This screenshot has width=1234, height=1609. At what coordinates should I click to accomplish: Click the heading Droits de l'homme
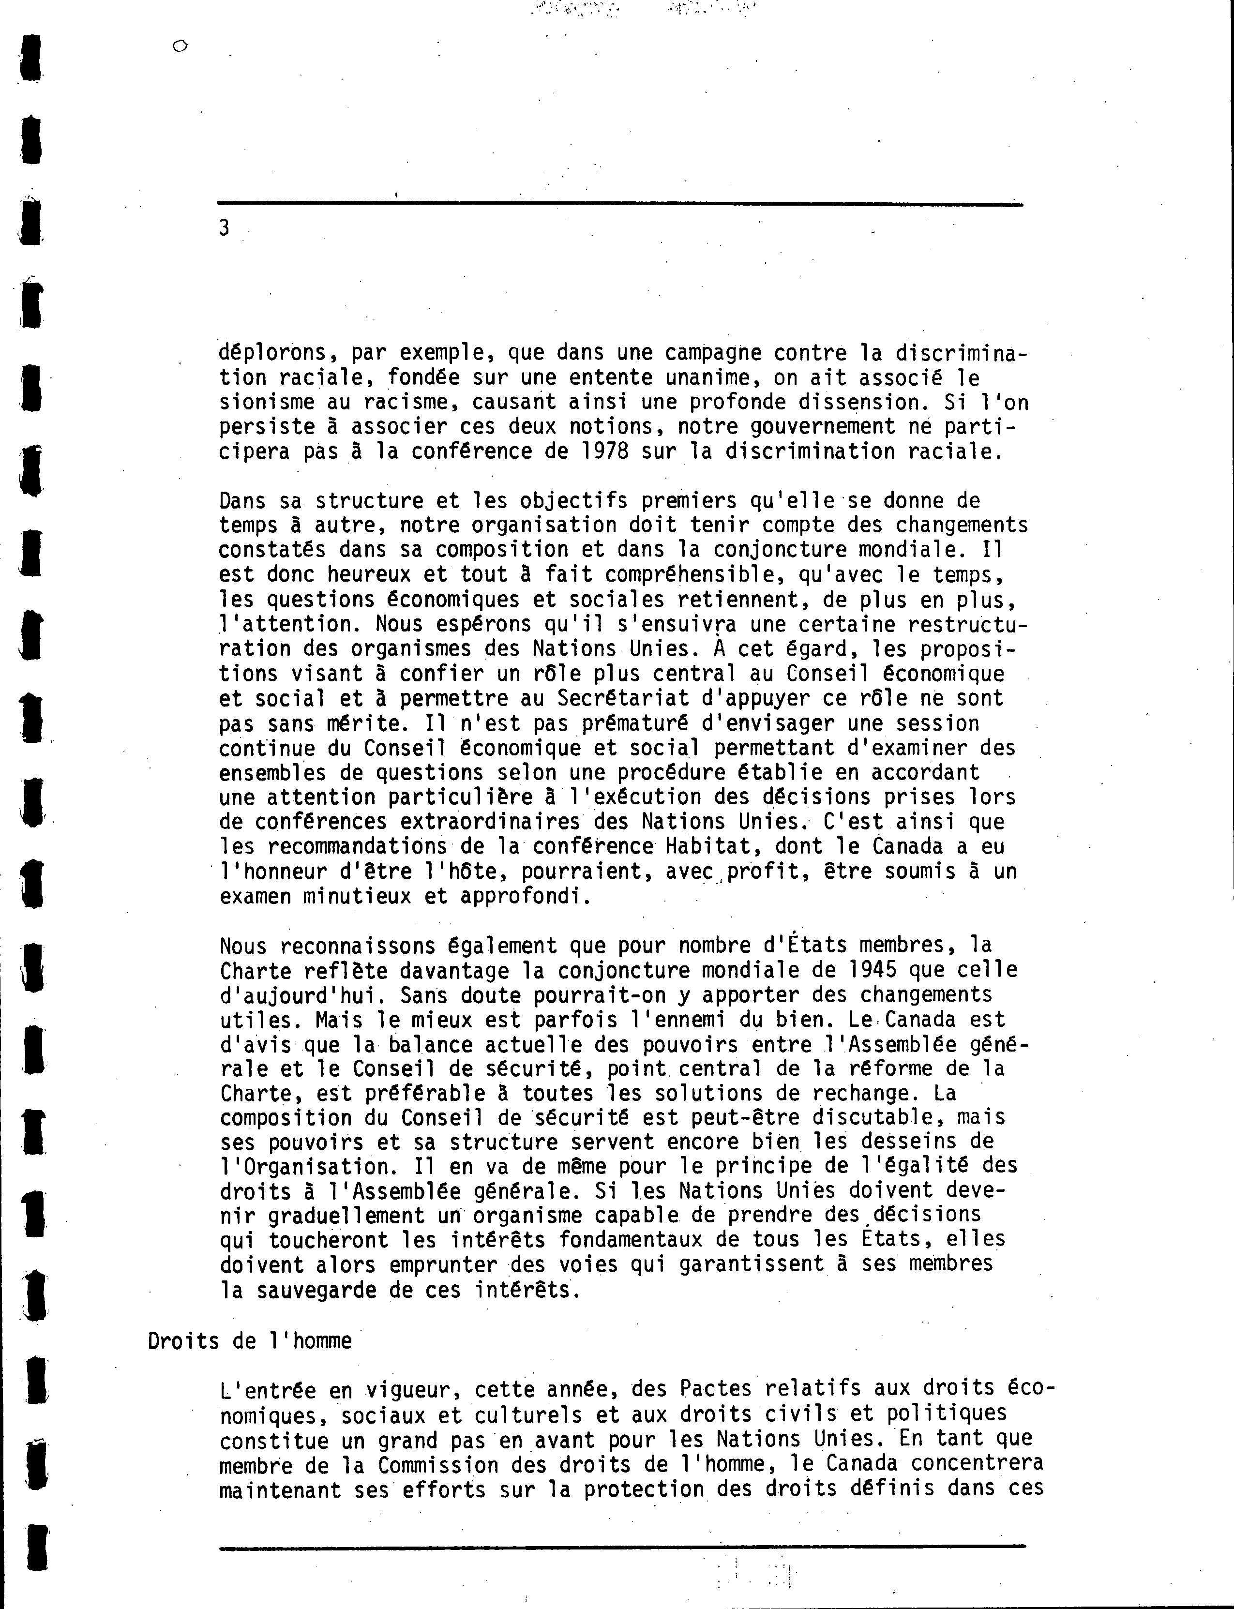[x=250, y=1340]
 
